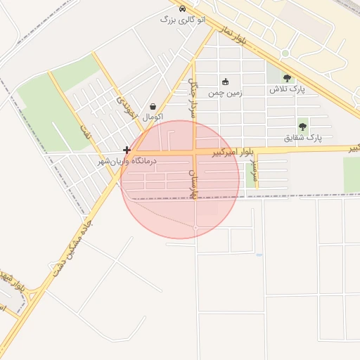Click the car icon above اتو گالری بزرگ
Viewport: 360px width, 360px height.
click(x=183, y=9)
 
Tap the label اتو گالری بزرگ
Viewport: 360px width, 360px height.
click(x=183, y=20)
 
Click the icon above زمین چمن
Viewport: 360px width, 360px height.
click(x=225, y=82)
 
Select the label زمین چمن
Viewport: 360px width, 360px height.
click(x=225, y=93)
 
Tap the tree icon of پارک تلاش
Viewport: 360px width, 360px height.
click(x=286, y=78)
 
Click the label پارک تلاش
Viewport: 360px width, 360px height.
click(x=287, y=90)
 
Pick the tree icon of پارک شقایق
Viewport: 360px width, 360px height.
click(x=302, y=127)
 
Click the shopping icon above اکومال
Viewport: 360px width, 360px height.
click(x=153, y=106)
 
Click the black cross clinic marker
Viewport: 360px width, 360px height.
click(x=127, y=150)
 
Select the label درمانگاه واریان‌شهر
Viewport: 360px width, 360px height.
click(x=127, y=161)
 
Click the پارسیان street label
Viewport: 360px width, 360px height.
click(x=193, y=182)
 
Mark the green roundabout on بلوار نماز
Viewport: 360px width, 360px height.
click(x=285, y=53)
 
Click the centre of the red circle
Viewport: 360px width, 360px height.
click(x=180, y=179)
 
